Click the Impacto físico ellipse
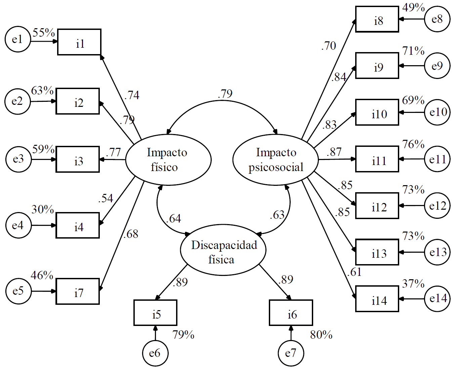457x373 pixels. pos(168,160)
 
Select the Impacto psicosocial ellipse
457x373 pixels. pos(276,160)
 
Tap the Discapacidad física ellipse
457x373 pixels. pos(223,250)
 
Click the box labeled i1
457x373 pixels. pos(79,42)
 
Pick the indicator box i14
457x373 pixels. pos(377,299)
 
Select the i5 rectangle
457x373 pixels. pos(156,313)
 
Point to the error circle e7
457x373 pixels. pos(291,353)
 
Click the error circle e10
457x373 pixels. pos(438,112)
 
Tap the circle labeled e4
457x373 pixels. pos(18,225)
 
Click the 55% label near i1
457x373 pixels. pos(44,33)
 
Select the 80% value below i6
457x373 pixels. pos(321,335)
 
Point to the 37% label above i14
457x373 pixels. pos(413,284)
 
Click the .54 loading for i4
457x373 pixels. pos(106,198)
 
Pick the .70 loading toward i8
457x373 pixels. pos(329,46)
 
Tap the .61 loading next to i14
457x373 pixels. pos(354,272)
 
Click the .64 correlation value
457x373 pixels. pos(173,219)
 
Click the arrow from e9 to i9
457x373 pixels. pos(412,66)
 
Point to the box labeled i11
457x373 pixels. pos(377,159)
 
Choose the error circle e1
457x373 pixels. pos(18,39)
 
